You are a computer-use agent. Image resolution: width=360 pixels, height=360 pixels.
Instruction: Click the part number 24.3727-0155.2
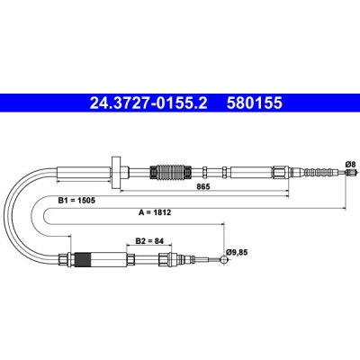(148, 103)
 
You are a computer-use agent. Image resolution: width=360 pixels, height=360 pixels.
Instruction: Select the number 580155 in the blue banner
(255, 103)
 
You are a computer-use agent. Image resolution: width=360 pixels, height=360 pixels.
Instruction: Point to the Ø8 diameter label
(350, 165)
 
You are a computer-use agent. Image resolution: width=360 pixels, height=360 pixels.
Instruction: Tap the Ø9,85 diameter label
(238, 252)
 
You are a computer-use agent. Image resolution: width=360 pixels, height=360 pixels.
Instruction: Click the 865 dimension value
(203, 186)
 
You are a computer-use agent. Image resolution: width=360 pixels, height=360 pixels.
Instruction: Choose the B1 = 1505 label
(76, 201)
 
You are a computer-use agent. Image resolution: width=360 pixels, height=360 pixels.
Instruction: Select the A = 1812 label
(155, 212)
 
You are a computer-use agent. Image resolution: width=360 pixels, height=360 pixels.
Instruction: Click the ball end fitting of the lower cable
(224, 259)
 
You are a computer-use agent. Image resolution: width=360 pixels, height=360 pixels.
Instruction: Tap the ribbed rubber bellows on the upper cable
(170, 173)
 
